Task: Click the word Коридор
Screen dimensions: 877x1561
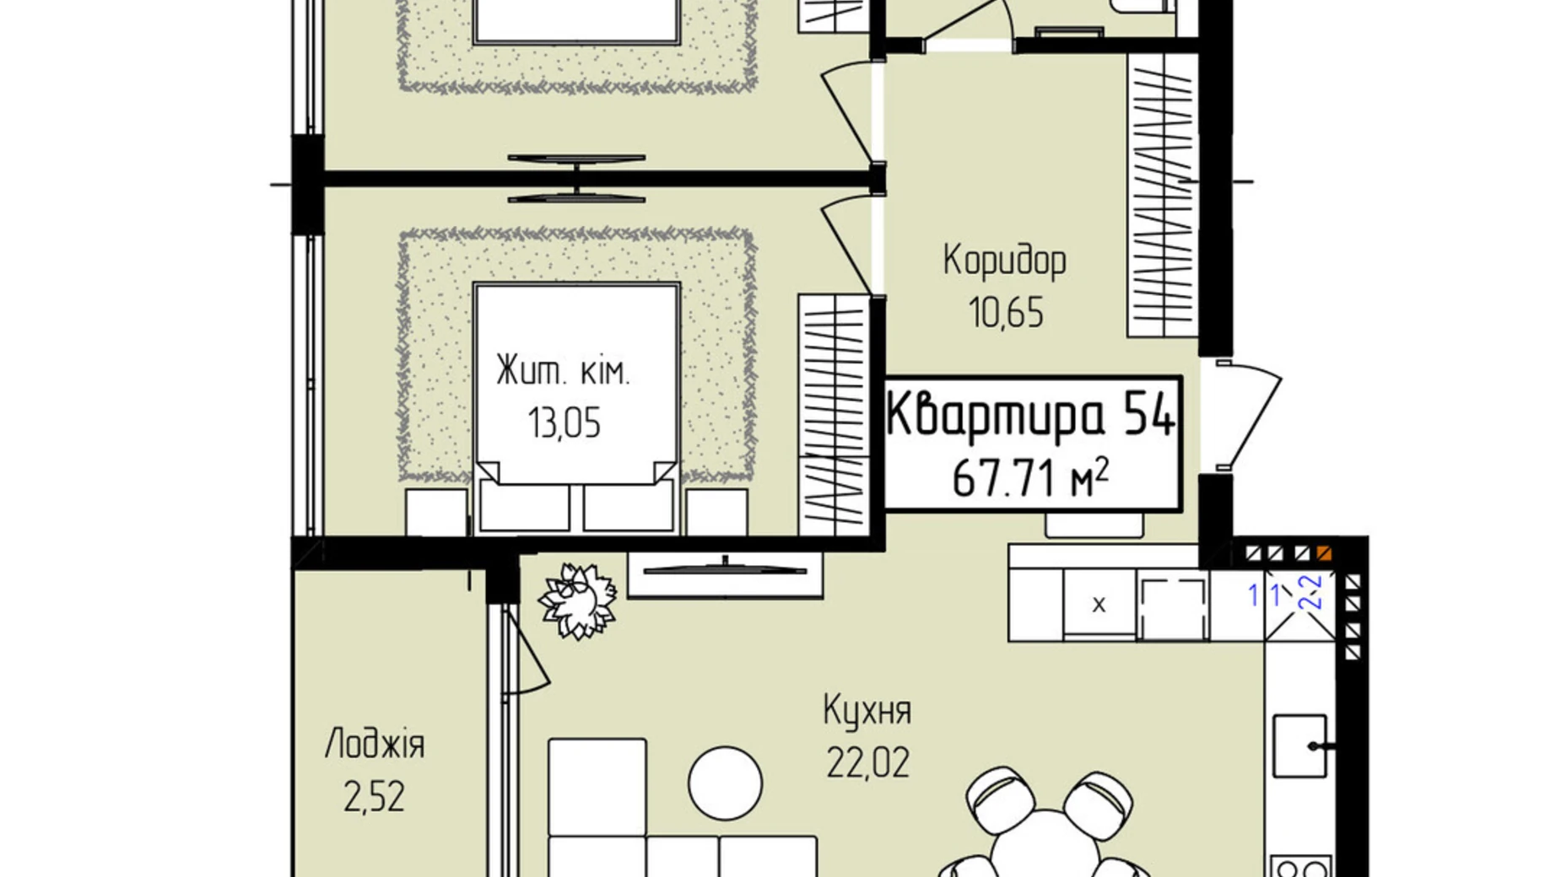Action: pyautogui.click(x=1004, y=261)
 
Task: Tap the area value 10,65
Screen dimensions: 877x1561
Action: pyautogui.click(x=1006, y=313)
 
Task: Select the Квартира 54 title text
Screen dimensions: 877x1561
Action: pyautogui.click(x=1030, y=414)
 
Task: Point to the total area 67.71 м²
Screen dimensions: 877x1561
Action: pyautogui.click(x=1030, y=479)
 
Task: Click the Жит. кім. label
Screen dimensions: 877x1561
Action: pyautogui.click(x=563, y=371)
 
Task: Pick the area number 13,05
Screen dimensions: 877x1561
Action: pyautogui.click(x=564, y=422)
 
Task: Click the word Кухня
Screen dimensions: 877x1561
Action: pyautogui.click(x=867, y=711)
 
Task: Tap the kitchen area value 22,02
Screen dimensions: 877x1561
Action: pyautogui.click(x=867, y=764)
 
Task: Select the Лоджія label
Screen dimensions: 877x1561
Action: pyautogui.click(x=375, y=745)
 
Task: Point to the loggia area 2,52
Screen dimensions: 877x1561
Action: pyautogui.click(x=374, y=797)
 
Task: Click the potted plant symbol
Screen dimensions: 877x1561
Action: pyautogui.click(x=577, y=600)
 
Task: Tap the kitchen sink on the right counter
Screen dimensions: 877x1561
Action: pyautogui.click(x=1299, y=746)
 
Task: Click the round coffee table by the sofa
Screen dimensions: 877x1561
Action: pyautogui.click(x=725, y=783)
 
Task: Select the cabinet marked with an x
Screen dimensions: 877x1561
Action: pyautogui.click(x=1099, y=605)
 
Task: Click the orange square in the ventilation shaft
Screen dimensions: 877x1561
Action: pyautogui.click(x=1323, y=554)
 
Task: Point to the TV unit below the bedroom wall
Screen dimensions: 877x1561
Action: pyautogui.click(x=724, y=573)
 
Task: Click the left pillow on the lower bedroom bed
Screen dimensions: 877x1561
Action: pyautogui.click(x=525, y=506)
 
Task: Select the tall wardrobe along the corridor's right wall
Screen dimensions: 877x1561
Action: pyautogui.click(x=1162, y=194)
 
